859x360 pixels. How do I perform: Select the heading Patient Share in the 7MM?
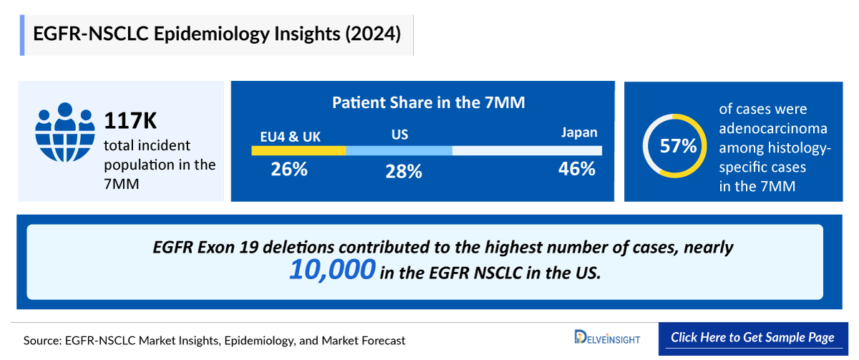point(428,102)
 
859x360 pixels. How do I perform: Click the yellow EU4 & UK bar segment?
point(299,150)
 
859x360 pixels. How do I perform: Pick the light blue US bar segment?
point(399,150)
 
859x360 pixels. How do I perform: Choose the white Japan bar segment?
point(527,150)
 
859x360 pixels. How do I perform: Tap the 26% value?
point(289,170)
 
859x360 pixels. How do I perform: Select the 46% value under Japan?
point(577,169)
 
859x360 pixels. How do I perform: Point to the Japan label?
point(578,132)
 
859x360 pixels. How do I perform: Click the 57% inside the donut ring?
point(678,146)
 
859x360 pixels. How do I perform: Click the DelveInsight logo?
point(607,338)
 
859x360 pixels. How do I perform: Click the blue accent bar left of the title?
point(22,34)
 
